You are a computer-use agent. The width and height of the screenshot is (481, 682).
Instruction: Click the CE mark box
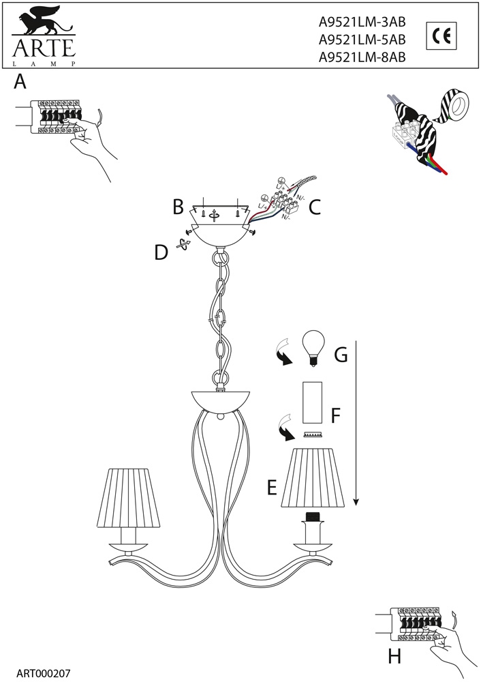(441, 36)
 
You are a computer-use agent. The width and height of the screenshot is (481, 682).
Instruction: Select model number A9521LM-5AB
(362, 40)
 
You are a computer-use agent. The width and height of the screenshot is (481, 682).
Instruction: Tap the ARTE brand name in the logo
(44, 48)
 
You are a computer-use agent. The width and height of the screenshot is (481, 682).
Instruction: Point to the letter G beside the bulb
(341, 355)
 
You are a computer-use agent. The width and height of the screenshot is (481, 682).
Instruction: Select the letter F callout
(335, 416)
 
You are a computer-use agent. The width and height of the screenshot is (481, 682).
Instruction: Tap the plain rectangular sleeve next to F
(313, 402)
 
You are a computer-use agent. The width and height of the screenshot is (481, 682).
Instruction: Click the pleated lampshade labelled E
(313, 477)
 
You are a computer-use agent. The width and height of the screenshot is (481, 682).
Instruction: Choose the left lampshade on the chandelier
(128, 497)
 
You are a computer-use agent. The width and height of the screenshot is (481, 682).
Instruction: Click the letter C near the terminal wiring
(315, 207)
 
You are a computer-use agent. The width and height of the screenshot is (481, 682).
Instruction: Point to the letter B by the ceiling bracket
(178, 207)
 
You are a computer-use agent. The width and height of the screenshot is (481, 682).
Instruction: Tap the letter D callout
(161, 253)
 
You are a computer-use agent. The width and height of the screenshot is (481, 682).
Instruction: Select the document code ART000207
(43, 673)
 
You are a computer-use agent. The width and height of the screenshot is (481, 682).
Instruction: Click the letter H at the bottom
(394, 656)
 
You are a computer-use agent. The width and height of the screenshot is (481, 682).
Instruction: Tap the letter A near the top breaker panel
(20, 82)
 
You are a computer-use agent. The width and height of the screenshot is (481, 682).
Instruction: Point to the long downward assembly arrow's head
(356, 503)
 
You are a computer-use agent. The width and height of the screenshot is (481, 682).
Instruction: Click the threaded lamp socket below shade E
(313, 517)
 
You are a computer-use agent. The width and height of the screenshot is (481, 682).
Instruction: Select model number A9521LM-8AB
(362, 57)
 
